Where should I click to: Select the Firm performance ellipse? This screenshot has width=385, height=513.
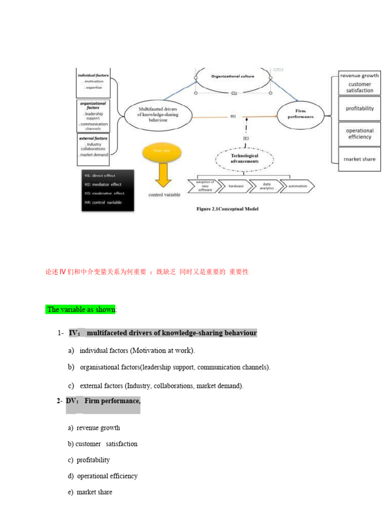tap(300, 113)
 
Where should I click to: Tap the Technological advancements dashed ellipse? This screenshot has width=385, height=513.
tap(245, 159)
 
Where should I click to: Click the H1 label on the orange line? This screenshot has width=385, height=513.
tap(233, 117)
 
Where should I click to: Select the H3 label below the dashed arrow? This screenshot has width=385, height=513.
tap(246, 138)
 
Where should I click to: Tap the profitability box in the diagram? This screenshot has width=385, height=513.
tap(359, 108)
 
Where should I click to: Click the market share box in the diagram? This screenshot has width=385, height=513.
tap(359, 159)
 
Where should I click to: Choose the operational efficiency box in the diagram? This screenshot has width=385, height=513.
tap(359, 134)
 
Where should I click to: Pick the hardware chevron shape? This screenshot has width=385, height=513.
tap(236, 186)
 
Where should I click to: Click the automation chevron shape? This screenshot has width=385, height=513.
tap(297, 186)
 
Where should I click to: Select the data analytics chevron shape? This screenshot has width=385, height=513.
tap(266, 186)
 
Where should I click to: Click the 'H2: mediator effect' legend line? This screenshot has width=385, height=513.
tap(103, 184)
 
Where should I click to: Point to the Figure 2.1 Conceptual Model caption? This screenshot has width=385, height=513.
tap(228, 209)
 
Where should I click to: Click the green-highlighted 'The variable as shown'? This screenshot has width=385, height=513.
tap(81, 310)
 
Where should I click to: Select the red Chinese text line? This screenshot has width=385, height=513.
tap(147, 272)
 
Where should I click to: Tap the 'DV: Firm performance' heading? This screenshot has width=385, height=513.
tap(103, 401)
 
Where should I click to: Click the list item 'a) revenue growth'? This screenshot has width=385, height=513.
tap(94, 428)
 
